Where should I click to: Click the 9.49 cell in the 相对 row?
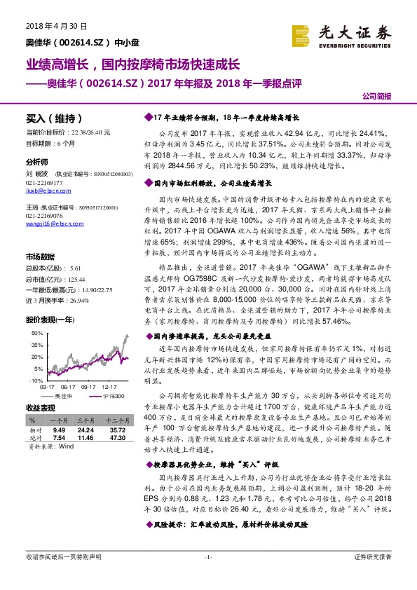(58, 429)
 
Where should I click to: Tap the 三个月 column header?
(86, 420)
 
